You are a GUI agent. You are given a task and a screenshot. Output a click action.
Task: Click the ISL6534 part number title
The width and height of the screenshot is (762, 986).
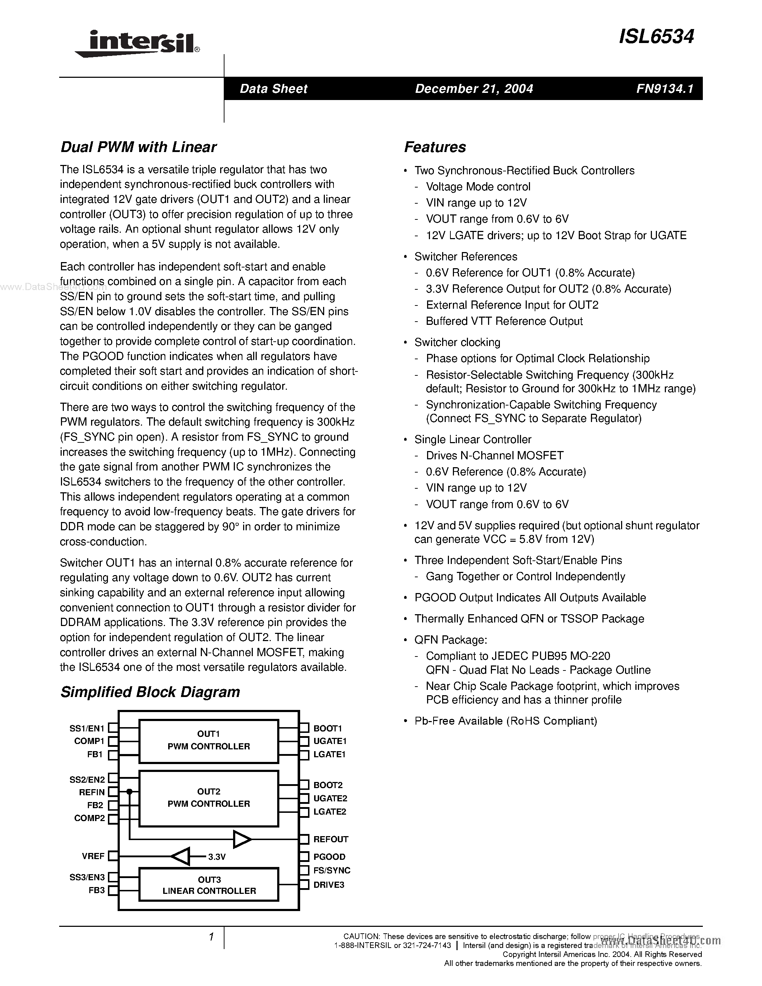656,37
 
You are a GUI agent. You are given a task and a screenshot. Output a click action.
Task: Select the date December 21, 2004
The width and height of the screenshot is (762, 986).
474,89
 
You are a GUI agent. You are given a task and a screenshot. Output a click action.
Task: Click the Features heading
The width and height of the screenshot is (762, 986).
435,147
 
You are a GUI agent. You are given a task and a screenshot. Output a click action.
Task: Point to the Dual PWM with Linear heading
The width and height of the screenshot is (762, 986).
138,147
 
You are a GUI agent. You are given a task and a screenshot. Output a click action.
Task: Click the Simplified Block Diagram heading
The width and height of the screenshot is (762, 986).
150,692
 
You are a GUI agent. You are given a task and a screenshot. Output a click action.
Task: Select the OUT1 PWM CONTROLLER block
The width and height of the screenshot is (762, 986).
209,740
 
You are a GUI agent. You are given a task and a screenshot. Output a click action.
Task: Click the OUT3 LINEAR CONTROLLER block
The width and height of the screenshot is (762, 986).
209,885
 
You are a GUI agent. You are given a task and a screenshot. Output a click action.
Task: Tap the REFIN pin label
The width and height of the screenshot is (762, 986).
92,792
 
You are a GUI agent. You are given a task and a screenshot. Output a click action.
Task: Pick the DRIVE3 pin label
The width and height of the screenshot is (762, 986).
328,885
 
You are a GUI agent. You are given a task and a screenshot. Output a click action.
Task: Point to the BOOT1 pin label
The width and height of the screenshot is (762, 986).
328,728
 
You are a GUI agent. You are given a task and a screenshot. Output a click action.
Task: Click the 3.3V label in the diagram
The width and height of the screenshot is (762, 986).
217,857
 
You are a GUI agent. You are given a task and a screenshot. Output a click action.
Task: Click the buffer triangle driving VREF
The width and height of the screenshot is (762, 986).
181,857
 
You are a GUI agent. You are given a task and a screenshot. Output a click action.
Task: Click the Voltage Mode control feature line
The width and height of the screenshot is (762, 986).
478,187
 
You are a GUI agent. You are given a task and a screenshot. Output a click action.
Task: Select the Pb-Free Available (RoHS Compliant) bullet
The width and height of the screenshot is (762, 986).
506,721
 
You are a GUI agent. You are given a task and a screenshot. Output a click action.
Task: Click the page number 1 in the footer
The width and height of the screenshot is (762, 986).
211,937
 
